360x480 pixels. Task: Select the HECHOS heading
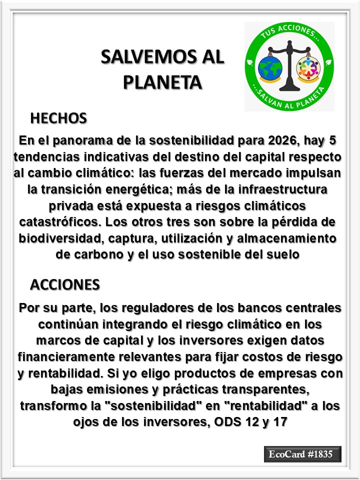click(x=58, y=118)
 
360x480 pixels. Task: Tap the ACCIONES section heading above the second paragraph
click(x=65, y=284)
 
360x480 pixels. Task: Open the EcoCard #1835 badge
click(x=302, y=454)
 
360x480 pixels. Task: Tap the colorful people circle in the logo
click(x=308, y=68)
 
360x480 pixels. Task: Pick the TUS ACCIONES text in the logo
click(x=289, y=34)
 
